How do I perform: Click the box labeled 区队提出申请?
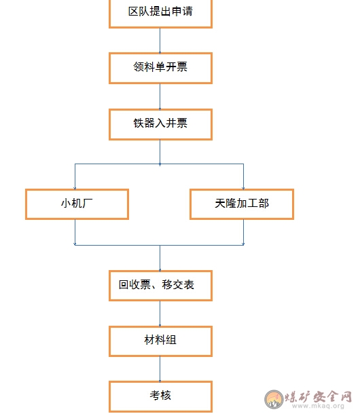tap(160, 14)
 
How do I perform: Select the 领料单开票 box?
tap(160, 68)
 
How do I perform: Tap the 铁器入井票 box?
tap(160, 124)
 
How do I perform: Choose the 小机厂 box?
tap(77, 204)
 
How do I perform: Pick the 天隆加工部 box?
tap(242, 204)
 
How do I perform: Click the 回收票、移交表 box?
tap(160, 286)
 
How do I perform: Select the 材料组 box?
tap(160, 341)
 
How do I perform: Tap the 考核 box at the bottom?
tap(160, 396)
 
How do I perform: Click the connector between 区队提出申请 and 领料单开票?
tap(160, 40)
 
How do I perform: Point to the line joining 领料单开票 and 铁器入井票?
tap(160, 96)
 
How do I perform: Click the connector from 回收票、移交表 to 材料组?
tap(160, 314)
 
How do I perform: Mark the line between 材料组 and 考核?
tap(160, 369)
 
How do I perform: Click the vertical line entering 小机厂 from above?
tap(75, 176)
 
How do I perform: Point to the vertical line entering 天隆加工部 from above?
tap(243, 176)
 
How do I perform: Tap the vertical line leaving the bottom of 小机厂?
tap(75, 232)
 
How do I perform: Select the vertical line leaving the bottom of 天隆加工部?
tap(243, 232)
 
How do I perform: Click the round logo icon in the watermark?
tap(274, 399)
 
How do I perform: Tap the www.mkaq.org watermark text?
tap(318, 406)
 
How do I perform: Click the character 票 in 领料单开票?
tap(182, 67)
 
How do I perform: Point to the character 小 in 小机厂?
tap(66, 203)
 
